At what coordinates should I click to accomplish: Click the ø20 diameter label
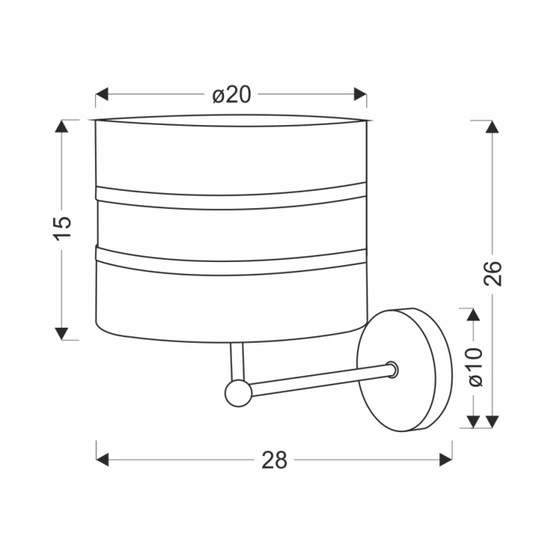[x=231, y=95]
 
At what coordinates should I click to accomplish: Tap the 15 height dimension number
[x=63, y=228]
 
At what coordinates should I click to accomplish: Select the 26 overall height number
[x=492, y=274]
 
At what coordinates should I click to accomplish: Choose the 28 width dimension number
[x=274, y=461]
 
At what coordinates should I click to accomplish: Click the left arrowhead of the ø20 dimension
[x=102, y=94]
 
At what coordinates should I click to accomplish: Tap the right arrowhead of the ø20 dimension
[x=360, y=94]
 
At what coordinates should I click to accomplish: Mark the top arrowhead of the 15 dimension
[x=62, y=126]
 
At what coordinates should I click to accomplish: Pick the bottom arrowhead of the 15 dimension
[x=62, y=333]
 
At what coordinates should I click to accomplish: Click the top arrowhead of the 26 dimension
[x=492, y=127]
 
